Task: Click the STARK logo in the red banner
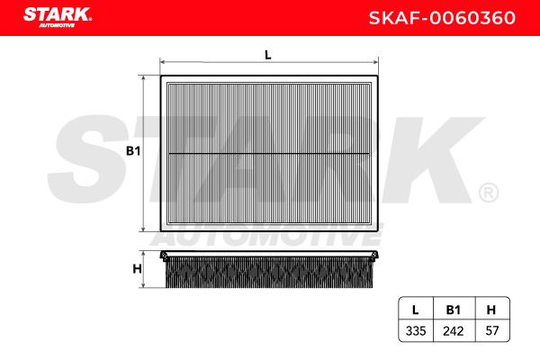pyautogui.click(x=58, y=17)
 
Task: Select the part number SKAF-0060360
pyautogui.click(x=442, y=18)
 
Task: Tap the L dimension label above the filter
pyautogui.click(x=268, y=55)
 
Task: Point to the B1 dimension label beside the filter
pyautogui.click(x=133, y=151)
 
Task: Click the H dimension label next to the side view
pyautogui.click(x=137, y=269)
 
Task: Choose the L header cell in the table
pyautogui.click(x=416, y=310)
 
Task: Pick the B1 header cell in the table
pyautogui.click(x=454, y=310)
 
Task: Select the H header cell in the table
pyautogui.click(x=491, y=310)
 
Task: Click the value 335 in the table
pyautogui.click(x=416, y=331)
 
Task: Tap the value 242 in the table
pyautogui.click(x=454, y=331)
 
